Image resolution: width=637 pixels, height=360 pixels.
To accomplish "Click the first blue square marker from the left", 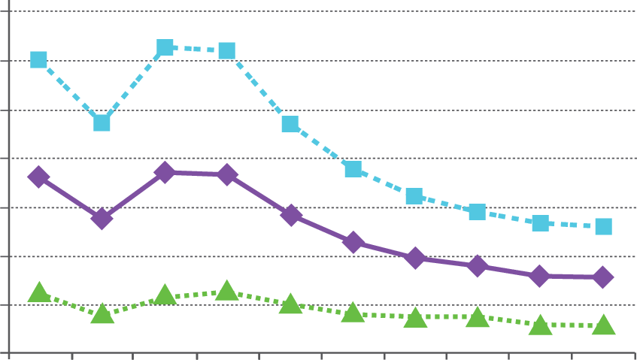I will (38, 59).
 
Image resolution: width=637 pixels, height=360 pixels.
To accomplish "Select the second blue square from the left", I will (102, 123).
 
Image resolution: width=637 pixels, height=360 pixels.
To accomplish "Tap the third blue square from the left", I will (165, 48).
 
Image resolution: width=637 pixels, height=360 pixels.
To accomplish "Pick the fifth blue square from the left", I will (290, 123).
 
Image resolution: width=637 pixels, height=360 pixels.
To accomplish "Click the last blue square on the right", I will (603, 226).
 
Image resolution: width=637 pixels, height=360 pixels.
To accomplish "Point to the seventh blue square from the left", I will (414, 196).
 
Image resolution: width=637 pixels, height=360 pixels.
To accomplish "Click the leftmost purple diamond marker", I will (38, 177).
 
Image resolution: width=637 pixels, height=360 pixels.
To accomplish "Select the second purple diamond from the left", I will (102, 219).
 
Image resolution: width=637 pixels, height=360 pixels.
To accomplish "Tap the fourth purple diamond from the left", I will (227, 175).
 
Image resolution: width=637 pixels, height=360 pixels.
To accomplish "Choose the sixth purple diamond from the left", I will (353, 242).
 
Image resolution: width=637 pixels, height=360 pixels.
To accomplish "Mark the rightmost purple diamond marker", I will (603, 277).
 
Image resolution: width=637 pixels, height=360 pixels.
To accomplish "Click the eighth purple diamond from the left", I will (478, 266).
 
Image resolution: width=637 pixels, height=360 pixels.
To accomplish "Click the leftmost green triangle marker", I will (39, 292).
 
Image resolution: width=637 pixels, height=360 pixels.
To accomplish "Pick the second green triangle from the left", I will (103, 314).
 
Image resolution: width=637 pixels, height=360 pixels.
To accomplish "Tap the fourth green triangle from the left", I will (227, 290).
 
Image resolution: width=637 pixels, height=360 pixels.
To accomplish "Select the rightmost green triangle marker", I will (603, 325).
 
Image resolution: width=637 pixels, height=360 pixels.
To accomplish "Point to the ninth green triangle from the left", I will (540, 325).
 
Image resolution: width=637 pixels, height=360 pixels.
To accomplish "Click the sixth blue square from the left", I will (353, 169).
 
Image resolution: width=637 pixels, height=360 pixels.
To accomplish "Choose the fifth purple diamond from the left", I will (291, 215).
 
